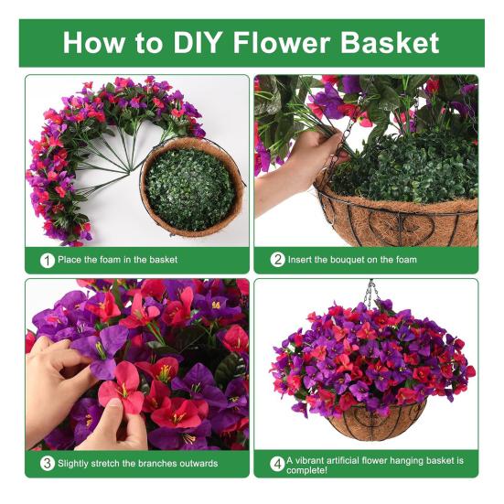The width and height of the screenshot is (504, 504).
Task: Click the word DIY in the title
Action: (197, 42)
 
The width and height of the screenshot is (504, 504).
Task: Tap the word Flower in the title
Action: (282, 42)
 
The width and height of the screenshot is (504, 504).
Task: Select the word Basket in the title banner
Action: (390, 42)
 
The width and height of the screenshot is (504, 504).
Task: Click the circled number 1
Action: (48, 261)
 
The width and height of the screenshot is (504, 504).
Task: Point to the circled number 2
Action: (277, 260)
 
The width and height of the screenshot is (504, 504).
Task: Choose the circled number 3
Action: (48, 463)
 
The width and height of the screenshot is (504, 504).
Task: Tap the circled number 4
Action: (277, 464)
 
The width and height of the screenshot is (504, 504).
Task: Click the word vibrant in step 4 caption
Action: (309, 460)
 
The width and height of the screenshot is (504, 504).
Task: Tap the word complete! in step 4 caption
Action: (307, 470)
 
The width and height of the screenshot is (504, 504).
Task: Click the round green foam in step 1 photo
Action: (190, 189)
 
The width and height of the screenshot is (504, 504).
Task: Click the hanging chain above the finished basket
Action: (372, 293)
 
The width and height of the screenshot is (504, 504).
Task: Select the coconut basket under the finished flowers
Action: (375, 421)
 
